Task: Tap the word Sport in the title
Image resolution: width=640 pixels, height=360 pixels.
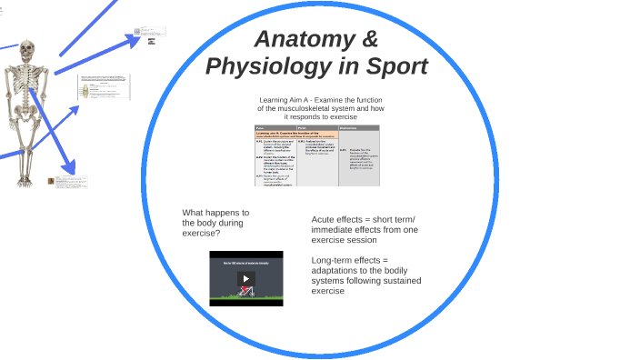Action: point(394,67)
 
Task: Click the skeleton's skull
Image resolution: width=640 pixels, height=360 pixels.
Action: point(27,52)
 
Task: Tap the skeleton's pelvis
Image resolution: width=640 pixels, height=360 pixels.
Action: point(27,114)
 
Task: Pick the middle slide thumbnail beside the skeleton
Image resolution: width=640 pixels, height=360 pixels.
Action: point(103,87)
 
